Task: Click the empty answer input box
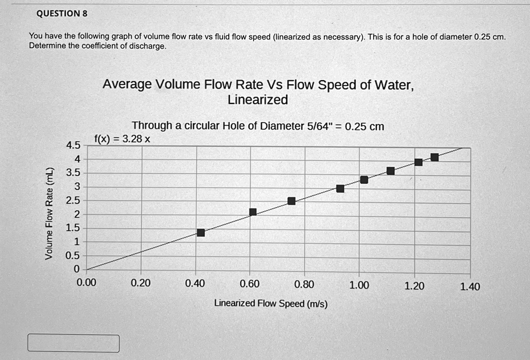click(x=73, y=343)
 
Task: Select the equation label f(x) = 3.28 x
click(x=122, y=139)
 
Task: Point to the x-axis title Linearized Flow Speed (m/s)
click(x=271, y=304)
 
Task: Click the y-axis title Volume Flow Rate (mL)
click(x=50, y=214)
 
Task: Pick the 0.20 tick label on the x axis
click(x=141, y=283)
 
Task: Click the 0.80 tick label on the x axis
click(x=304, y=284)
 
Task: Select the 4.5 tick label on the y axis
click(x=72, y=145)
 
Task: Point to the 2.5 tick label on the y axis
click(x=72, y=200)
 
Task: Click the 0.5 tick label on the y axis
click(x=72, y=256)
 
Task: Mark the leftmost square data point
click(x=201, y=233)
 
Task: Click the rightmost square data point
click(x=434, y=157)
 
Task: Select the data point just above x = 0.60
click(x=253, y=212)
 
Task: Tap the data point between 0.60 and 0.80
click(x=291, y=201)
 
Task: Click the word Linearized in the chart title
click(x=257, y=100)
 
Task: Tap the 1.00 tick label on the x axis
click(x=359, y=284)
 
